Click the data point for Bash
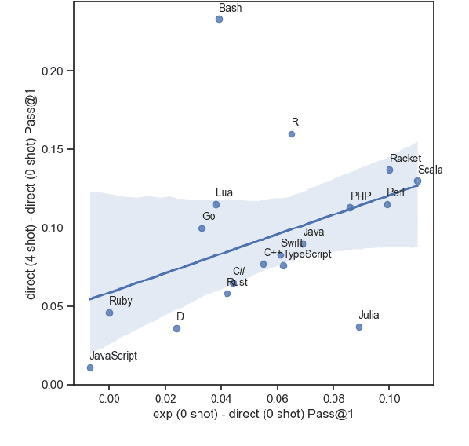(219, 19)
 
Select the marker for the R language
(292, 134)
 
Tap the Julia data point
(359, 327)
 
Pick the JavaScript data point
(90, 367)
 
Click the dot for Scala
(417, 181)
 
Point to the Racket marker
(390, 170)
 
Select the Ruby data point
(110, 313)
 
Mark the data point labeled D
(176, 328)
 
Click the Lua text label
(224, 192)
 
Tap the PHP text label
(361, 196)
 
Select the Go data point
(202, 228)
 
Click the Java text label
(314, 232)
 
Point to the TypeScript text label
(307, 254)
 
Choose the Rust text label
(237, 283)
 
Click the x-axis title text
(252, 415)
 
